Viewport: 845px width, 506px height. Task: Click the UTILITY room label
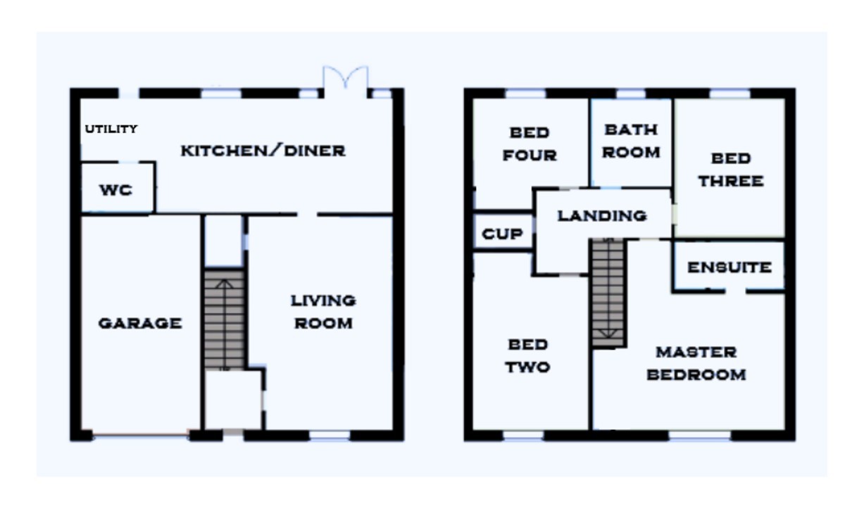point(111,129)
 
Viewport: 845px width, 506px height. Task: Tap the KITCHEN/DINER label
point(263,151)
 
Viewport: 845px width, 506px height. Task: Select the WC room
point(116,189)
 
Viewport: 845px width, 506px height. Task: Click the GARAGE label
point(139,323)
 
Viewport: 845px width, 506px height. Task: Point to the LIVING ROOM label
point(323,312)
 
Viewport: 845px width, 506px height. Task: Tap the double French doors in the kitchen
point(345,79)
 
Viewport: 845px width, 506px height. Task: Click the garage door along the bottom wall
point(141,435)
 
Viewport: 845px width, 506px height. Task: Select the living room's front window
point(330,436)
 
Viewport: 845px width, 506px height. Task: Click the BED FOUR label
point(530,144)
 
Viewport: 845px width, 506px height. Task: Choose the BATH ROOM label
point(631,141)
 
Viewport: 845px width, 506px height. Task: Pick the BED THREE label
point(730,170)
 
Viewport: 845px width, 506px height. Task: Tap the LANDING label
point(602,215)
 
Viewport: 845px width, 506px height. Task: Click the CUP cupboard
point(502,234)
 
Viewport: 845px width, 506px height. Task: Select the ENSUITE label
point(729,267)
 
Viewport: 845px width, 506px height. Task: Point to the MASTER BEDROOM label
point(696,363)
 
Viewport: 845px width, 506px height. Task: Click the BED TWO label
point(527,355)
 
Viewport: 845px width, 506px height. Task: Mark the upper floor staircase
point(608,293)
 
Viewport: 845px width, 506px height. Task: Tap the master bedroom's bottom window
point(699,436)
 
